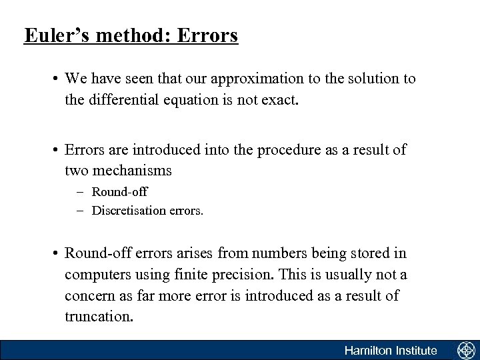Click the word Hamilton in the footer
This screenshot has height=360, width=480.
[x=367, y=351]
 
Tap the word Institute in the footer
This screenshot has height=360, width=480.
[x=416, y=351]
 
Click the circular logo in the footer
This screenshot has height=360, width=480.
[x=465, y=351]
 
